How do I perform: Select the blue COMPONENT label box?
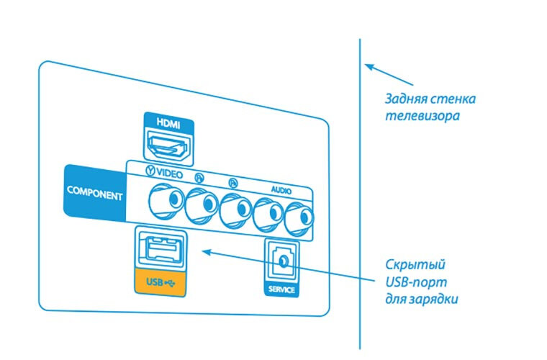tap(94, 192)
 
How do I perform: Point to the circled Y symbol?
tap(150, 174)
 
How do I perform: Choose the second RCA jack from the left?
tap(201, 204)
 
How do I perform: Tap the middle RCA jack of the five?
tap(235, 208)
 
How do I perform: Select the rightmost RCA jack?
tap(298, 216)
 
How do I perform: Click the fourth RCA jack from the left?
tap(268, 212)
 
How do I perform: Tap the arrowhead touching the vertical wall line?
tap(369, 66)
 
